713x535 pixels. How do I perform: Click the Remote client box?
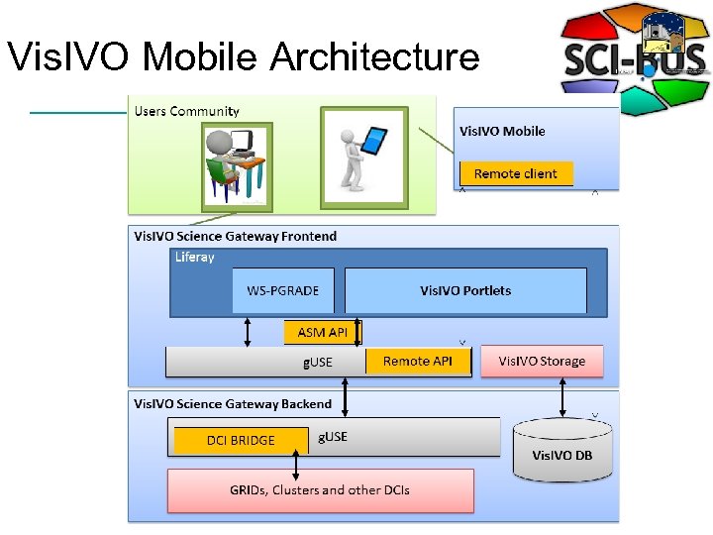coord(515,174)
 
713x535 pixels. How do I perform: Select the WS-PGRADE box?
coord(283,290)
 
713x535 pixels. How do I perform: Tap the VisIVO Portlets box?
coord(465,290)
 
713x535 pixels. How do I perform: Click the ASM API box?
coord(323,333)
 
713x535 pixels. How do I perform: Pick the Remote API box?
coord(418,361)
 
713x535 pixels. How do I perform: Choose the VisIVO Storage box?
coord(541,361)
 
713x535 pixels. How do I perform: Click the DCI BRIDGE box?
coord(241,440)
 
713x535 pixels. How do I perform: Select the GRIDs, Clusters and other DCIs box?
coord(320,489)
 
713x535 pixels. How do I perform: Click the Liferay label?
coord(194,258)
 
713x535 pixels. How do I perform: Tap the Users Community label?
coord(186,111)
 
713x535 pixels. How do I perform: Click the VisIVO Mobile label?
coord(502,131)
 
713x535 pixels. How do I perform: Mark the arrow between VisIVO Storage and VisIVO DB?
coord(562,397)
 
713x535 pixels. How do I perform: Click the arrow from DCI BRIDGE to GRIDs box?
coord(295,463)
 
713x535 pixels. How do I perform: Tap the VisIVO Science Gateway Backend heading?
coord(233,404)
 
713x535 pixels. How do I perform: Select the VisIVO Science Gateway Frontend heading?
coord(235,236)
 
